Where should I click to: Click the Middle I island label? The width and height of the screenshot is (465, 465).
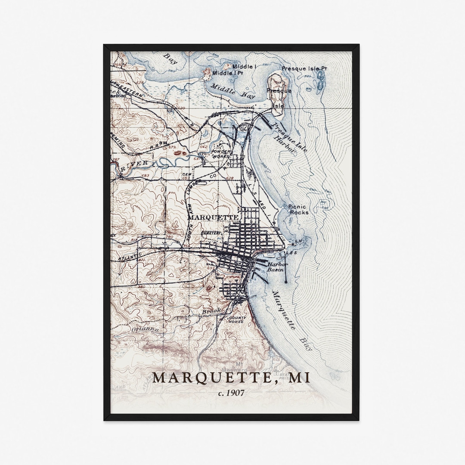pyautogui.click(x=244, y=67)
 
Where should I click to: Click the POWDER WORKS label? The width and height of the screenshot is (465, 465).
pyautogui.click(x=220, y=154)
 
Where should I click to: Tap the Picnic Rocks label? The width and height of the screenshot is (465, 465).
pyautogui.click(x=298, y=210)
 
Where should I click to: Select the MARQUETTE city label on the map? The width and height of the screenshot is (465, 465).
pyautogui.click(x=213, y=218)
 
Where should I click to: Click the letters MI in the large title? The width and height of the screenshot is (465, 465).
pyautogui.click(x=299, y=378)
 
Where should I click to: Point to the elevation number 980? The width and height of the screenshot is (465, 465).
pyautogui.click(x=142, y=286)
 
